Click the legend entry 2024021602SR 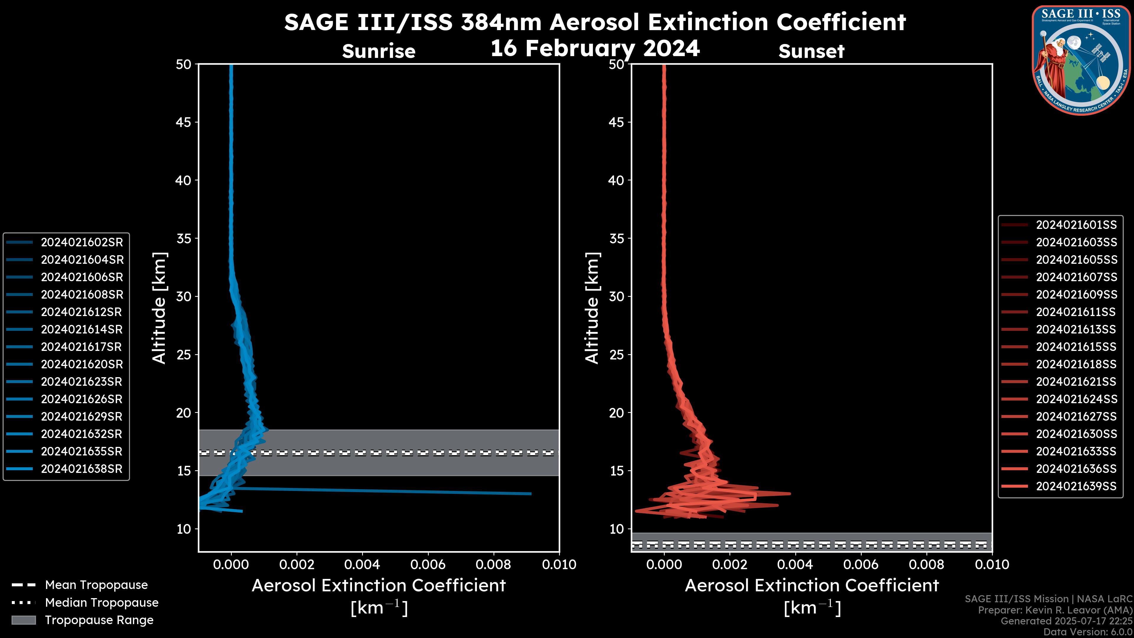(82, 242)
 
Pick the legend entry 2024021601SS (1076, 225)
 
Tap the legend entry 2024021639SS (1076, 486)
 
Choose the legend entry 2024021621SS (1076, 382)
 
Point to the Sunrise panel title (379, 51)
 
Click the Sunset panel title (811, 51)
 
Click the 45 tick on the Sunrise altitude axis (184, 122)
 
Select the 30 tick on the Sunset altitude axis (616, 296)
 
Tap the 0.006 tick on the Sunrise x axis (428, 564)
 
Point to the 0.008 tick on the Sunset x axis (927, 564)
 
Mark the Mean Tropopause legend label (96, 585)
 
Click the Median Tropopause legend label (102, 602)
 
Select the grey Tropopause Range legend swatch (23, 620)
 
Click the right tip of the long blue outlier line (531, 494)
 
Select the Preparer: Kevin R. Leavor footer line (1055, 610)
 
